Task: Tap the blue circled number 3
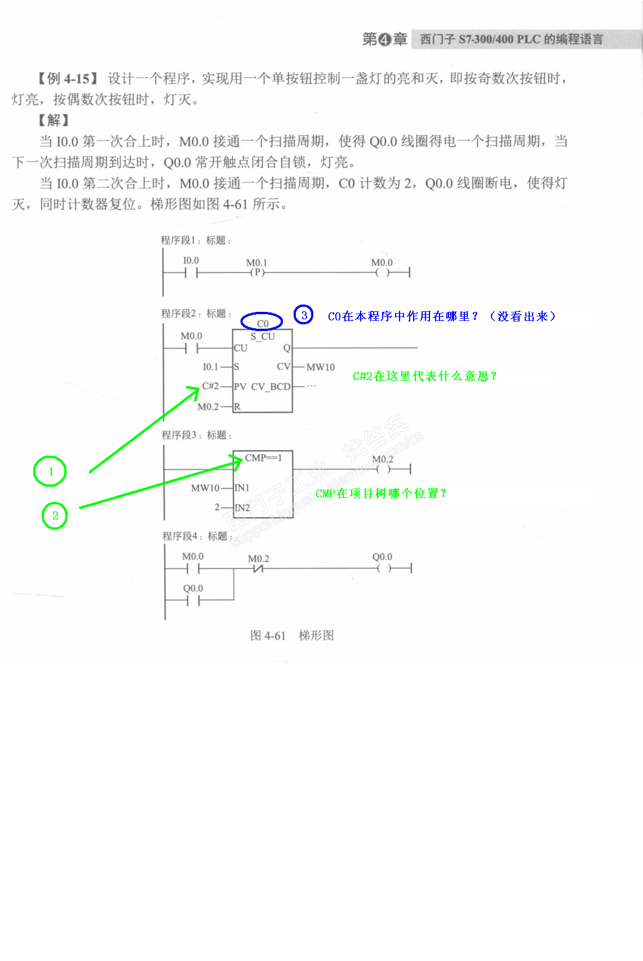(304, 315)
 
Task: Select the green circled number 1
(50, 471)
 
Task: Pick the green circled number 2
(55, 515)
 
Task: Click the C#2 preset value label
(210, 386)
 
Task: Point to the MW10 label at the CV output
(320, 367)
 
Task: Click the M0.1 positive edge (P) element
(257, 272)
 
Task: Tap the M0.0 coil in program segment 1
(382, 273)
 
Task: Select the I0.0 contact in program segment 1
(192, 273)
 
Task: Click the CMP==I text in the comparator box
(263, 458)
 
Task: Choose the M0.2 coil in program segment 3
(383, 469)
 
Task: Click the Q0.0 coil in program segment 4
(383, 568)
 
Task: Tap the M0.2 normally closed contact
(259, 568)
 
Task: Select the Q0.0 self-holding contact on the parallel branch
(193, 600)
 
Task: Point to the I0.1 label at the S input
(210, 367)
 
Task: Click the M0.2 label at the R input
(208, 407)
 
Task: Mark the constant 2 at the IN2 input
(217, 508)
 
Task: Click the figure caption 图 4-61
(268, 636)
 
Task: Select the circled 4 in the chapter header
(384, 39)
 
